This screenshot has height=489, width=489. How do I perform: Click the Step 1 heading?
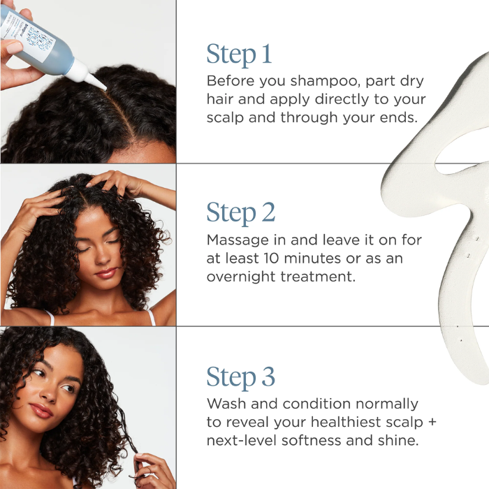click(239, 54)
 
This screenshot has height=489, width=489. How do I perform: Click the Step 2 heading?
click(241, 212)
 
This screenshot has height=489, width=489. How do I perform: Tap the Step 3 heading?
click(241, 377)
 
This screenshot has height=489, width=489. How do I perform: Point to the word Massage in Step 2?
click(236, 240)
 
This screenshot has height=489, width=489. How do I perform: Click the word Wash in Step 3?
click(224, 404)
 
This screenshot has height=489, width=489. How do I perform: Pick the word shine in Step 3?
click(394, 440)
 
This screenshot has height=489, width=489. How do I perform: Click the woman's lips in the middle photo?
click(106, 272)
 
